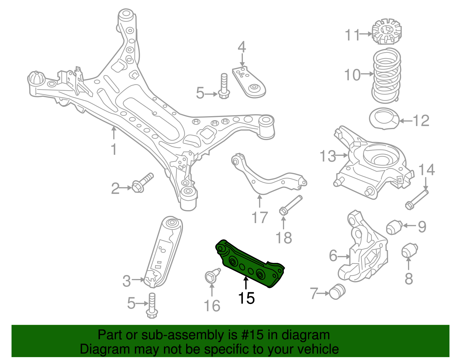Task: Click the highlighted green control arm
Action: pyautogui.click(x=249, y=264)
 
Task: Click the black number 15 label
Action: pyautogui.click(x=246, y=298)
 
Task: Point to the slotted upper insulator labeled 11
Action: pyautogui.click(x=386, y=32)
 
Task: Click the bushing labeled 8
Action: pyautogui.click(x=409, y=250)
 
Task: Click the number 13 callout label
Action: pyautogui.click(x=328, y=156)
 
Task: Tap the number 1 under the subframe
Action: pyautogui.click(x=114, y=149)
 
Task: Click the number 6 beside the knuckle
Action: pyautogui.click(x=333, y=256)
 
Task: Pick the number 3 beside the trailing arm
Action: pyautogui.click(x=126, y=281)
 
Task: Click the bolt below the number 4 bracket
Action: pyautogui.click(x=224, y=86)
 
